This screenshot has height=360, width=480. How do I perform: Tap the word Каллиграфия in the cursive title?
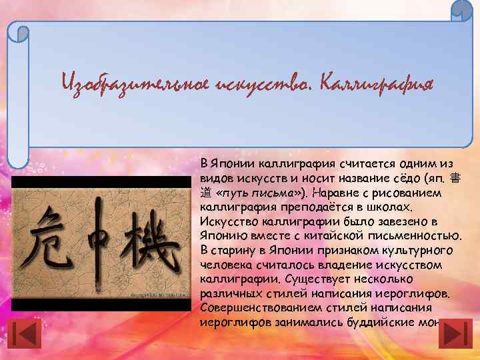tap(377, 85)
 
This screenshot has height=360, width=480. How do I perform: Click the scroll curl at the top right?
tap(461, 11)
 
